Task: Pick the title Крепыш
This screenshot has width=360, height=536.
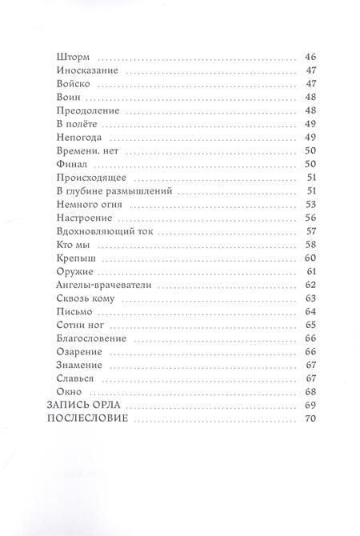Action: (x=78, y=257)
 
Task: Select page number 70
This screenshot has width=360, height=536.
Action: (x=312, y=418)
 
